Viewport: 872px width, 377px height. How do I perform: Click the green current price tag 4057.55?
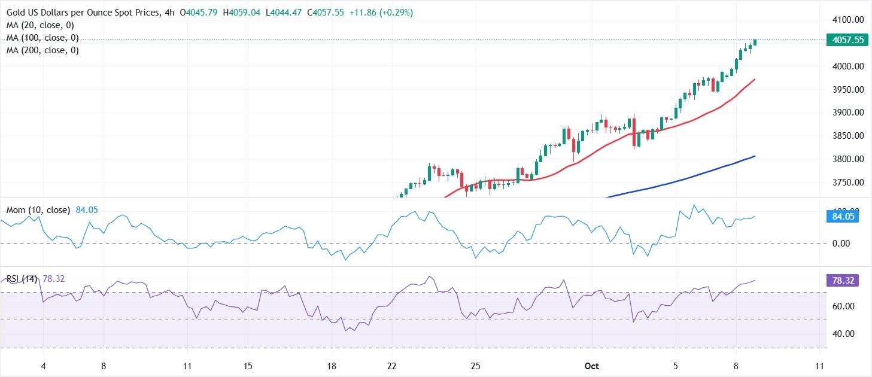(x=844, y=40)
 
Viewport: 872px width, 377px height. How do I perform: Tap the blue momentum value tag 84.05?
(x=844, y=217)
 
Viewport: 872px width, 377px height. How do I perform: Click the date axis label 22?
(x=392, y=366)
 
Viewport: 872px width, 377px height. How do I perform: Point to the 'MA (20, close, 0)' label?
(x=40, y=25)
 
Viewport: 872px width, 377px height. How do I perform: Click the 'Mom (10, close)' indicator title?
(x=39, y=210)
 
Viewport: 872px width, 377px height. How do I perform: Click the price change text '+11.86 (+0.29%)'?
(x=381, y=13)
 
